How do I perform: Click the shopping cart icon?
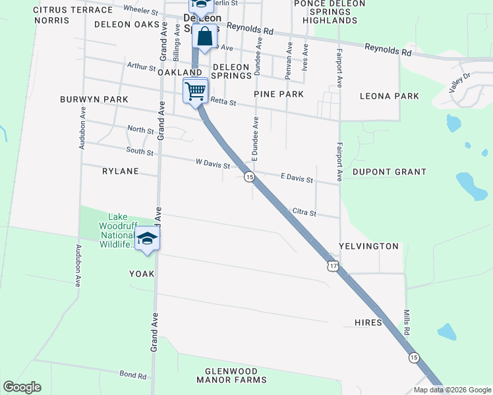pyautogui.click(x=195, y=91)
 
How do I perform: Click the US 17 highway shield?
pyautogui.click(x=333, y=266)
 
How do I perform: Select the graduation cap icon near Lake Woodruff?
pyautogui.click(x=148, y=239)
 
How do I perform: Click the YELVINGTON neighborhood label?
pyautogui.click(x=368, y=246)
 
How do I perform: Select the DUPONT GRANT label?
pyautogui.click(x=390, y=172)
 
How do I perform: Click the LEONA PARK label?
pyautogui.click(x=390, y=96)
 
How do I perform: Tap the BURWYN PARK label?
pyautogui.click(x=94, y=99)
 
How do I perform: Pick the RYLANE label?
pyautogui.click(x=121, y=171)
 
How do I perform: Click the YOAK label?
pyautogui.click(x=142, y=274)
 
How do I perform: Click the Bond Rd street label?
pyautogui.click(x=132, y=375)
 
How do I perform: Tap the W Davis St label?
pyautogui.click(x=212, y=163)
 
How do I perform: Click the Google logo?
pyautogui.click(x=22, y=387)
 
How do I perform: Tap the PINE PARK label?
pyautogui.click(x=279, y=95)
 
